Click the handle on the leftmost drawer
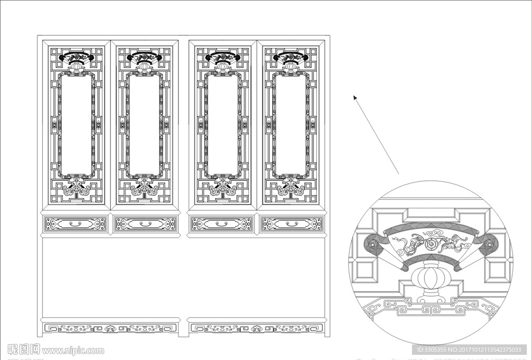(x=76, y=224)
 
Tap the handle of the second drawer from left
(x=145, y=224)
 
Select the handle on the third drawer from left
(x=222, y=224)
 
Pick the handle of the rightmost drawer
(x=291, y=224)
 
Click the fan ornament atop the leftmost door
(x=76, y=57)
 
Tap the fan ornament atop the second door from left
(x=144, y=57)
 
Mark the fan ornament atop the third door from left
(x=222, y=57)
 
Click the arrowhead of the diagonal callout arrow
(x=355, y=97)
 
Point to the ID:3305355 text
(x=429, y=350)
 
